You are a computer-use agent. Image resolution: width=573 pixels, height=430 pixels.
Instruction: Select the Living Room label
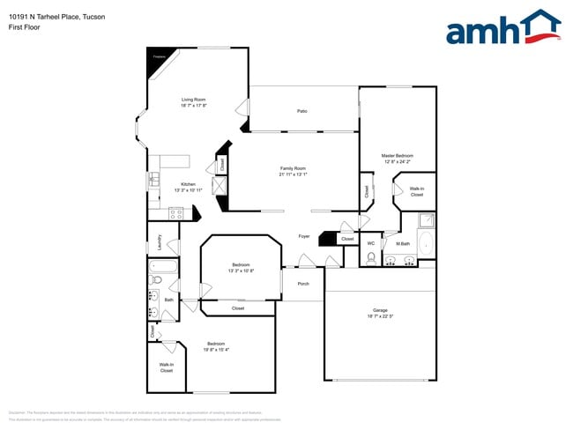point(193,100)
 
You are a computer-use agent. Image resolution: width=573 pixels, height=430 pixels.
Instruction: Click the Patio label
point(301,111)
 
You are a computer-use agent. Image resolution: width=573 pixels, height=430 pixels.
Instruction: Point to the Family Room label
point(293,168)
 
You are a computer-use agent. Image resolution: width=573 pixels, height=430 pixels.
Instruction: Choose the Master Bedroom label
point(397,156)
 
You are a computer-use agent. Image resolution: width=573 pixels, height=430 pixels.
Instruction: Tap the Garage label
point(380,310)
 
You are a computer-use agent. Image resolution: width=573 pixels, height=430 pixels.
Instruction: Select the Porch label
point(303,284)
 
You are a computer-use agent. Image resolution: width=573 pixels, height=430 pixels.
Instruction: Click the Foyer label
point(303,236)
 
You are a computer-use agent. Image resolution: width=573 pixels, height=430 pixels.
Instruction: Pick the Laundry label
point(160,241)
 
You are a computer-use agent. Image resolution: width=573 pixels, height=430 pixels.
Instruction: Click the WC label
point(371,243)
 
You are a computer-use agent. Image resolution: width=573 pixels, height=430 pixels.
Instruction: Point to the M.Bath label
point(403,243)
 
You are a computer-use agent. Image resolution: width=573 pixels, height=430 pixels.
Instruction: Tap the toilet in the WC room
point(371,258)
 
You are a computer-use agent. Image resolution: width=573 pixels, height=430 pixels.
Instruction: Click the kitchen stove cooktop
point(175,212)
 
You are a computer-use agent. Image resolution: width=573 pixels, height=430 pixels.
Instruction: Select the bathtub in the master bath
point(426,242)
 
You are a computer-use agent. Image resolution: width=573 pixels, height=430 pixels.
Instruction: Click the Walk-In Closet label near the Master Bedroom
point(416,191)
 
